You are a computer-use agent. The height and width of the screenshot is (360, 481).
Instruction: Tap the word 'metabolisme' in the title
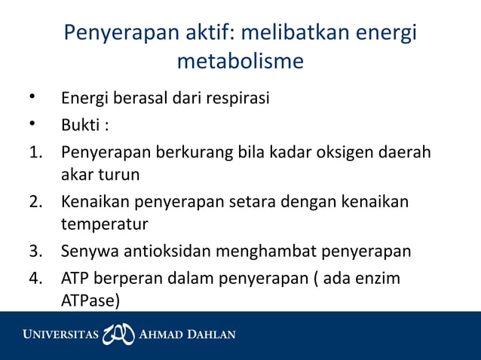(240, 61)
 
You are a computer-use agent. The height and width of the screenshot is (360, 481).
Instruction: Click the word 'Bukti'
(81, 124)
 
